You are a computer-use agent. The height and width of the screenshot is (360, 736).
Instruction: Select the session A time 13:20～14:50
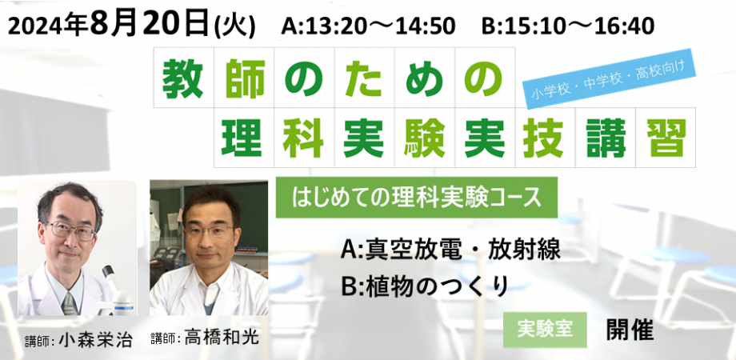point(368,26)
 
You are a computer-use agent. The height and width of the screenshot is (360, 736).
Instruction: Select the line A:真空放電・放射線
point(450,250)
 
